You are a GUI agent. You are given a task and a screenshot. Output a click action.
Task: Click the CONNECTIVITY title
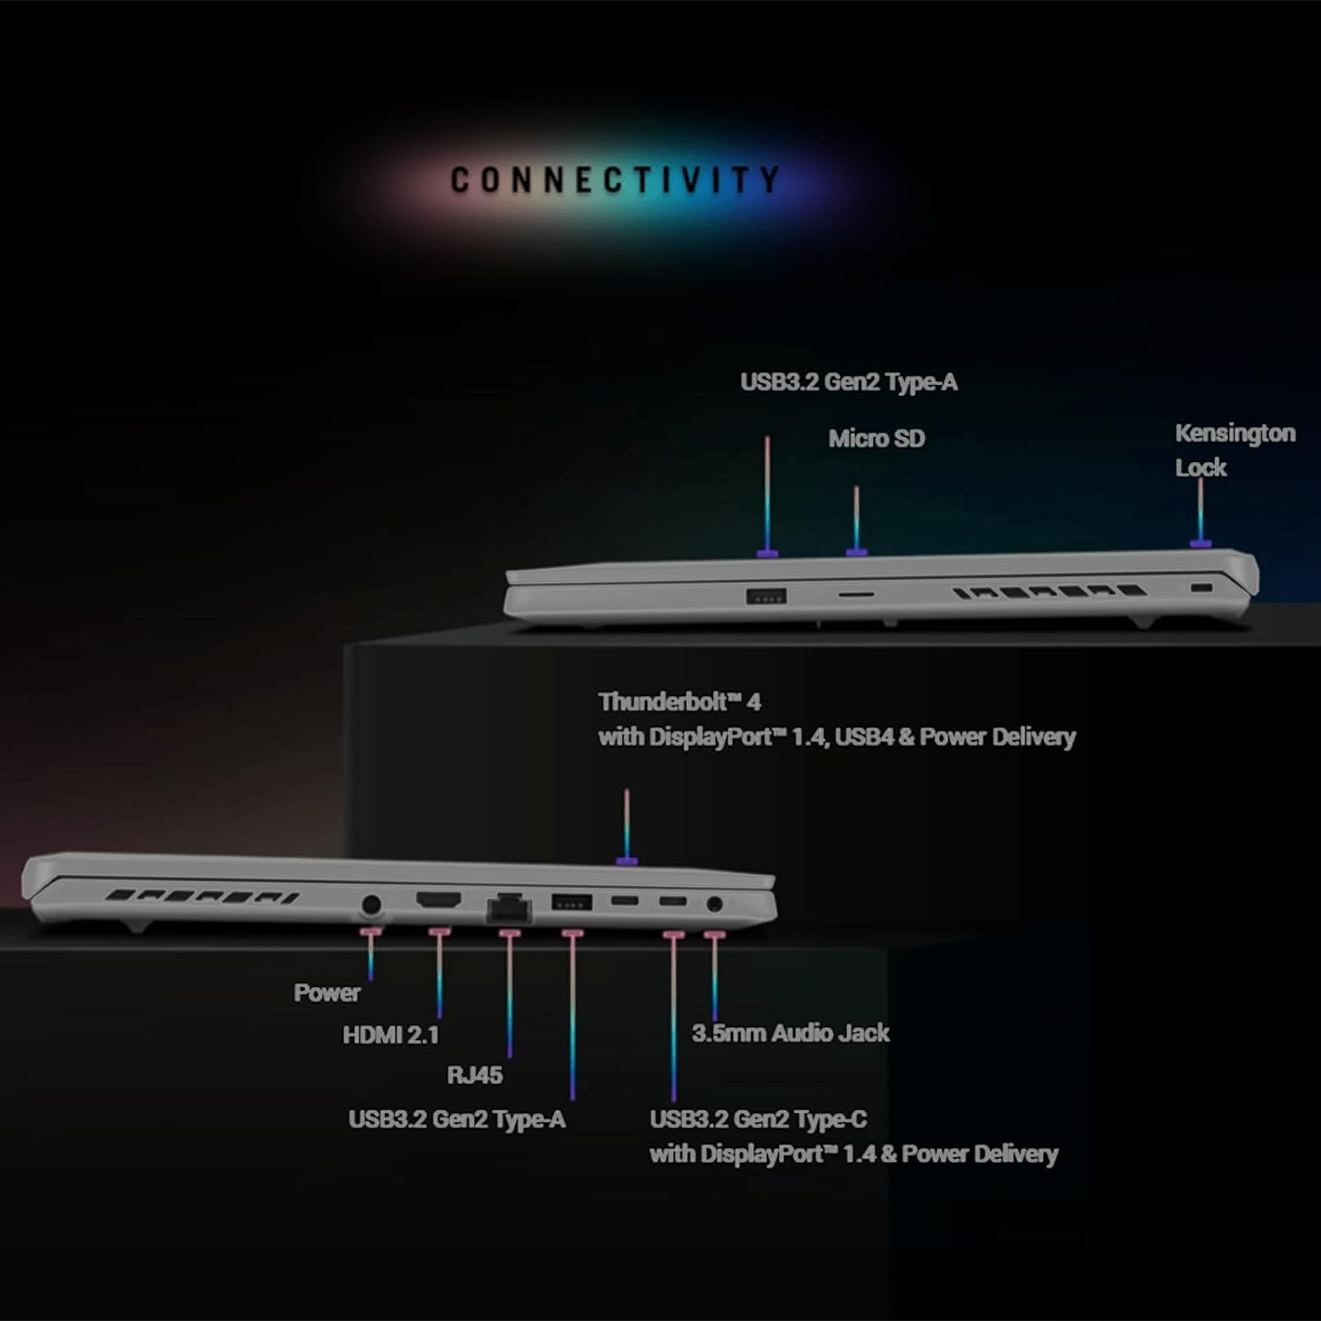click(x=615, y=180)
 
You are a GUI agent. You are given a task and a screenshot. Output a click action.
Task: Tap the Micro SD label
click(x=876, y=439)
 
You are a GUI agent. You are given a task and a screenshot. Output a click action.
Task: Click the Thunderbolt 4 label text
click(x=679, y=702)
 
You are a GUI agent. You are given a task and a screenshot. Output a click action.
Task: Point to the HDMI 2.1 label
click(x=390, y=1035)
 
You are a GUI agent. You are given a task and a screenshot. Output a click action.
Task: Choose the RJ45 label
click(x=475, y=1075)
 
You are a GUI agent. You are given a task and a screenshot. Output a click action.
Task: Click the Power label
click(x=327, y=993)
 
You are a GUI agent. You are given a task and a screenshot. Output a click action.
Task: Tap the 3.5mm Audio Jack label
click(x=790, y=1033)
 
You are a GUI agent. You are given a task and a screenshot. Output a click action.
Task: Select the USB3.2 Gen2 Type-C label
click(x=758, y=1119)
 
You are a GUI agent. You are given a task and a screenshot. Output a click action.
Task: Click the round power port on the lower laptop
click(x=371, y=904)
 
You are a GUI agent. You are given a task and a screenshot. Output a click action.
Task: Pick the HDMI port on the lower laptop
click(x=438, y=901)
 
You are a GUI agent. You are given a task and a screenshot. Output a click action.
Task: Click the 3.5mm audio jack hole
click(x=715, y=904)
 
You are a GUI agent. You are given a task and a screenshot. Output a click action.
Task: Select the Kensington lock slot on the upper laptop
click(x=1199, y=587)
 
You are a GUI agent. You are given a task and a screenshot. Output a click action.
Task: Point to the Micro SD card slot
click(x=855, y=594)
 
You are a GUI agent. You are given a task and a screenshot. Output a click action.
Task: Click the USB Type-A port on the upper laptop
click(x=766, y=595)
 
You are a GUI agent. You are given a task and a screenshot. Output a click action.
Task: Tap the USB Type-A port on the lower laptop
click(x=572, y=901)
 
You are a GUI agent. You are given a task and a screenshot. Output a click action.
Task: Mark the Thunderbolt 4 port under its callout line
click(x=625, y=901)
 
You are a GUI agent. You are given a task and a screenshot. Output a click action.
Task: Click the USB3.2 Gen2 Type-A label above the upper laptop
click(x=848, y=382)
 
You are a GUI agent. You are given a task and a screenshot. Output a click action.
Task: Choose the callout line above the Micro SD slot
click(x=856, y=520)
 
